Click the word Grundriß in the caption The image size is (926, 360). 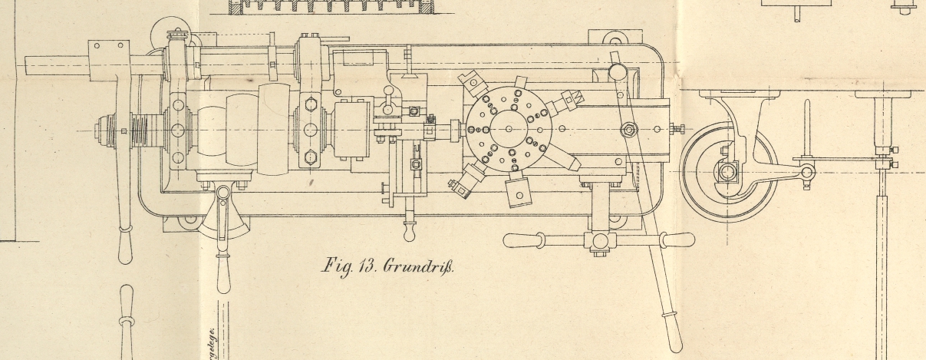click(420, 268)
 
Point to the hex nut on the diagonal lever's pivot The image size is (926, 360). click(629, 130)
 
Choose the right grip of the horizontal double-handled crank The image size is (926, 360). click(667, 240)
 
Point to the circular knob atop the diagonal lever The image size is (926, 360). click(617, 72)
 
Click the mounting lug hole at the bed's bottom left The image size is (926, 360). click(186, 223)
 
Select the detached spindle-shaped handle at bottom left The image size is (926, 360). click(126, 322)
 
